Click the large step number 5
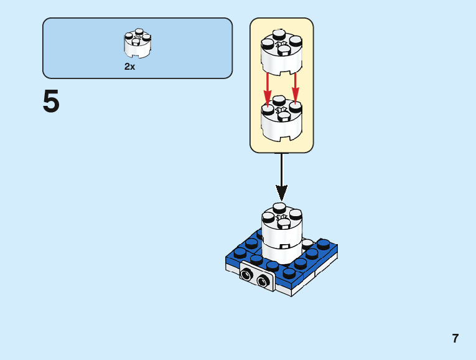[x=51, y=103]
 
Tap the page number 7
[x=455, y=339]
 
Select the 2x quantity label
[x=129, y=67]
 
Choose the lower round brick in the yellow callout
[x=281, y=121]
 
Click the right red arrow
[x=295, y=87]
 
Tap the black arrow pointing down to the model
[x=281, y=178]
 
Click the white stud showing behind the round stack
[x=308, y=243]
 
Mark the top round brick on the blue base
[x=281, y=227]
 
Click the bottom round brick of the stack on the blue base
[x=281, y=252]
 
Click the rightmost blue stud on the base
[x=324, y=243]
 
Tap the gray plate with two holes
[x=257, y=278]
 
